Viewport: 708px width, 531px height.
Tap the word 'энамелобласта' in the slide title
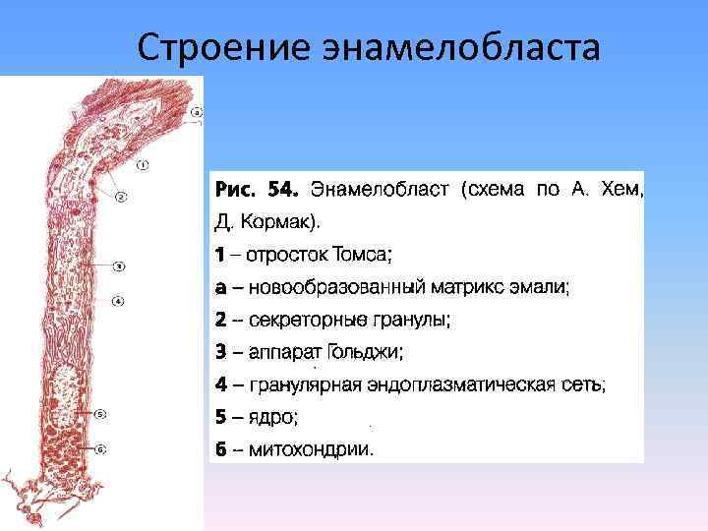(x=454, y=46)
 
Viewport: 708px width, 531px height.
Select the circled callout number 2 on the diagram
(x=122, y=197)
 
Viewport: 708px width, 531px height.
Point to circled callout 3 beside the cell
(x=118, y=265)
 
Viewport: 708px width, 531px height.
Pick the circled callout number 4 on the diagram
(x=117, y=301)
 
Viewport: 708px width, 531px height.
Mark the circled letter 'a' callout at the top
(x=197, y=112)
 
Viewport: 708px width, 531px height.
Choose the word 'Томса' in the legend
(x=359, y=254)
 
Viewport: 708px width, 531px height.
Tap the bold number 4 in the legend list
(x=221, y=384)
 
